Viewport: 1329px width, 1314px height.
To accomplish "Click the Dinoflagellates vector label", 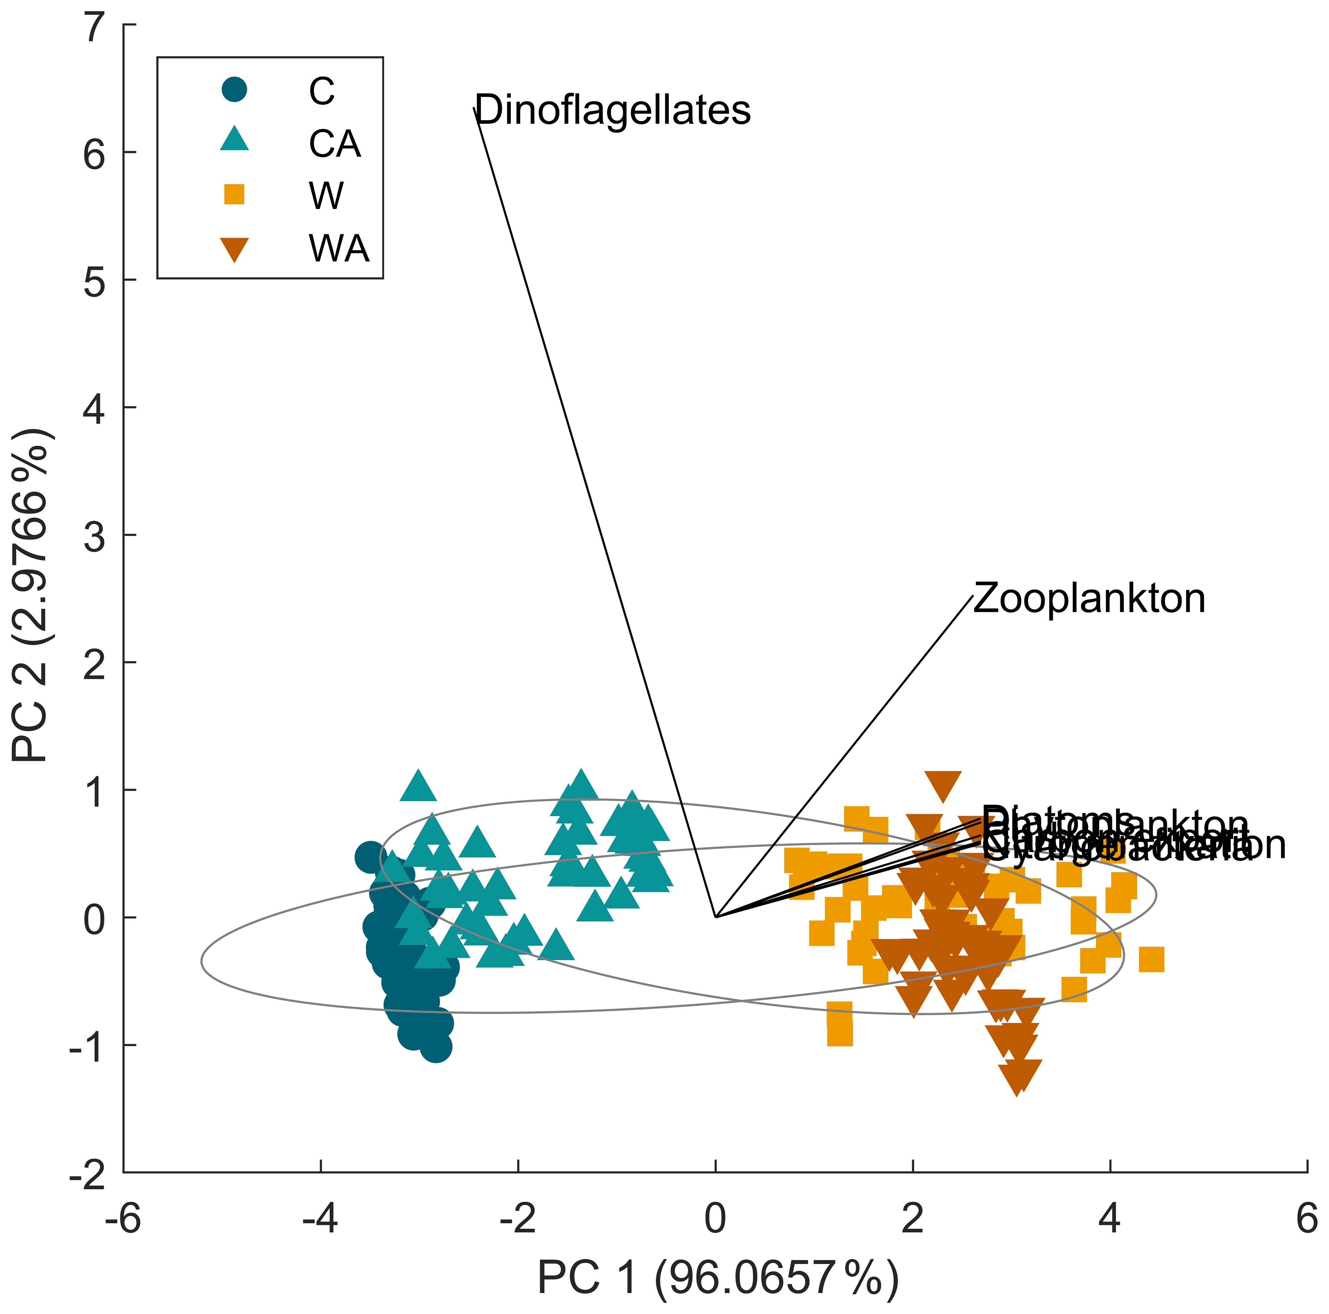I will [x=612, y=110].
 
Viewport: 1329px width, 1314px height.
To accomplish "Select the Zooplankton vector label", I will [x=1089, y=599].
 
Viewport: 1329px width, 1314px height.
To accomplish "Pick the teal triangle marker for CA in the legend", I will [x=235, y=140].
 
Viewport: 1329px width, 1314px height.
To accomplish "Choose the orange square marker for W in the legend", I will [x=235, y=195].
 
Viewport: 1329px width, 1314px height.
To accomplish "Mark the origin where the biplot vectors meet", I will [x=716, y=917].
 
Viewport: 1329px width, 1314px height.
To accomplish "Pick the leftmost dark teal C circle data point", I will [x=371, y=857].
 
